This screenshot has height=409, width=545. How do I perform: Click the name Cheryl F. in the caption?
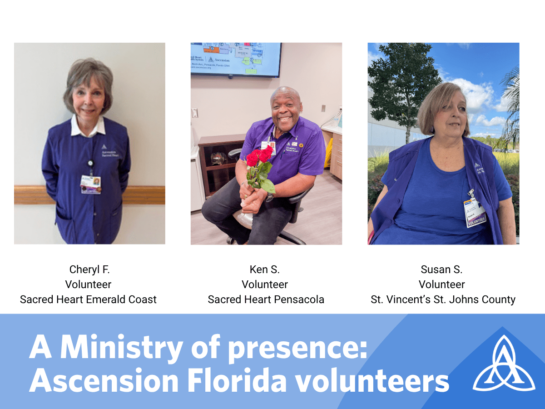pos(89,269)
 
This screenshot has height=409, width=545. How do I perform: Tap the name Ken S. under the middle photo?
pos(265,269)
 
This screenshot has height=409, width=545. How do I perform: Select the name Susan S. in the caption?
pos(441,269)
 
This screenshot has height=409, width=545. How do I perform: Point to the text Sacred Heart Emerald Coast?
pos(88,299)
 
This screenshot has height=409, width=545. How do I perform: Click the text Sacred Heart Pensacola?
pos(266,299)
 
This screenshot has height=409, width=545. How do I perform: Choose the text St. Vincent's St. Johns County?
pos(443,299)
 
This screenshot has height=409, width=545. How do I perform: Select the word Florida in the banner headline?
pos(236,381)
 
